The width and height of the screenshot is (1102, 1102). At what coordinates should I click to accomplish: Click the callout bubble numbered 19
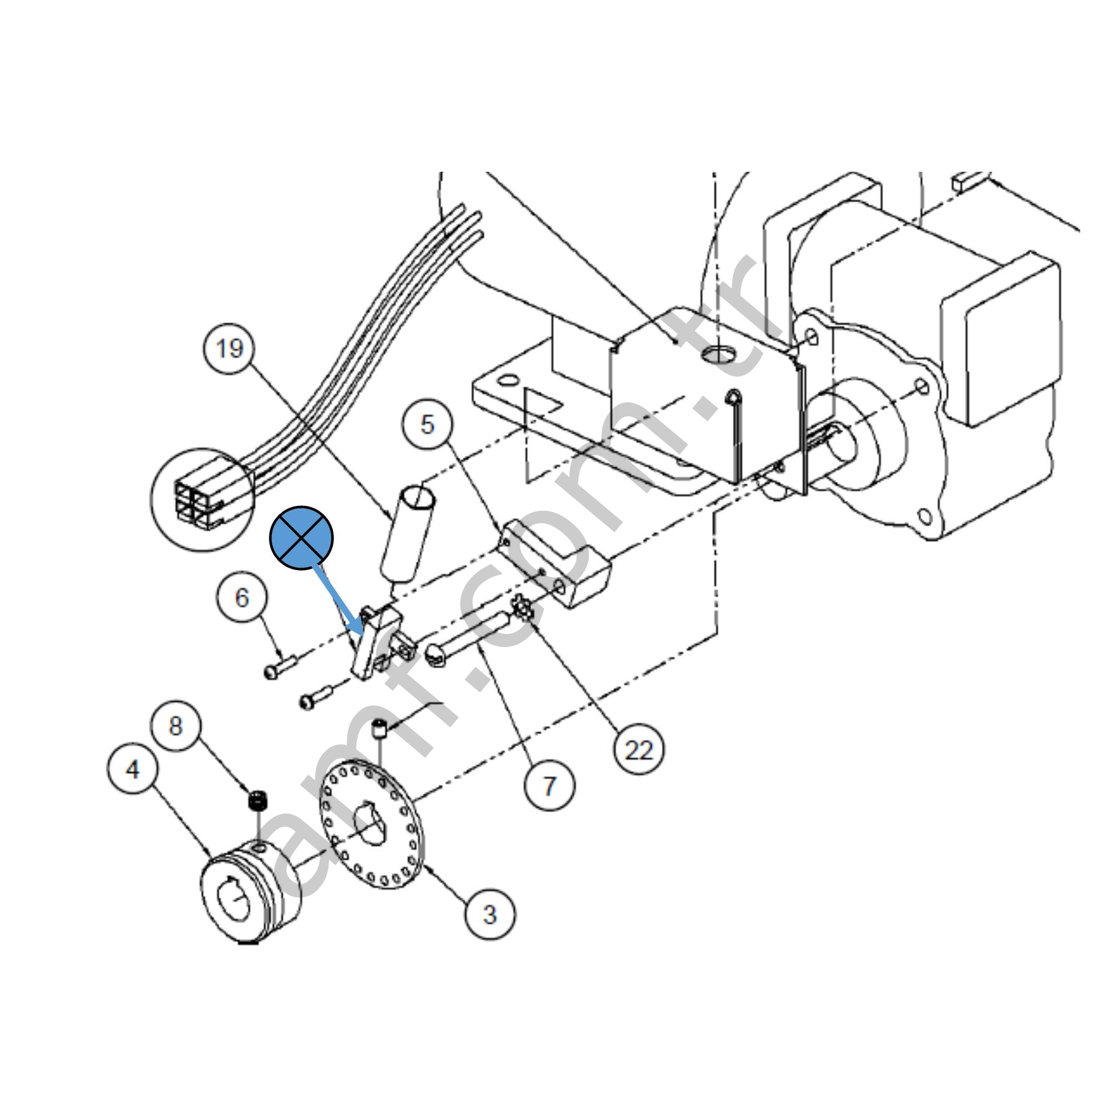[230, 348]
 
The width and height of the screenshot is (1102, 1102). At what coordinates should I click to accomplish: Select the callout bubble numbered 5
[427, 424]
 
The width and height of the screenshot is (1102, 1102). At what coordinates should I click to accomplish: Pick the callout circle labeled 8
[175, 726]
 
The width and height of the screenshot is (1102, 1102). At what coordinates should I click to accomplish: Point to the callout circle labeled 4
[133, 770]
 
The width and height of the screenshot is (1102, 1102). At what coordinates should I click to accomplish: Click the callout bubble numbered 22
[638, 751]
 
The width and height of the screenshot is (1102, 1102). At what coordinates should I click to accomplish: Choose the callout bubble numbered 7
[549, 787]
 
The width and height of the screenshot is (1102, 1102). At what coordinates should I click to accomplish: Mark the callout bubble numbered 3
[490, 914]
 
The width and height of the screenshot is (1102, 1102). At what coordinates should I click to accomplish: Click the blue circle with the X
[302, 538]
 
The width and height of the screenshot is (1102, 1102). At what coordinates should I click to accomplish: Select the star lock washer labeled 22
[521, 608]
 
